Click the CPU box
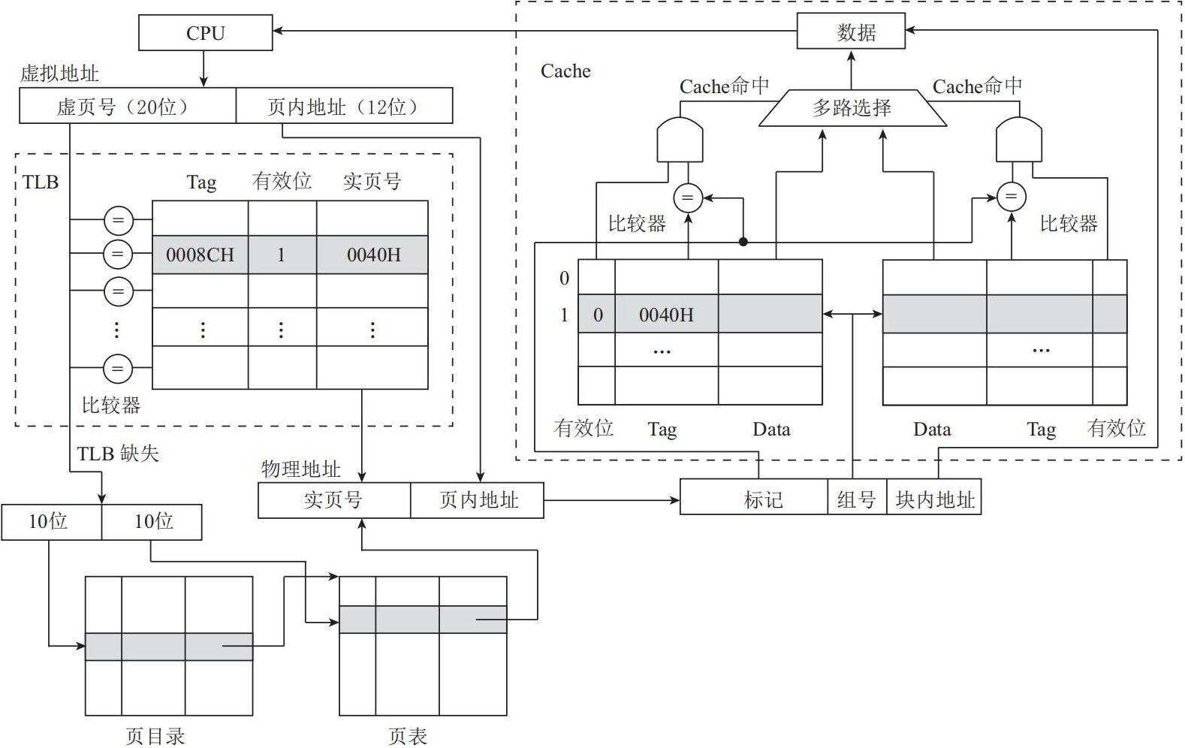205,33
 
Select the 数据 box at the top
851,32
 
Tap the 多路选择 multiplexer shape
852,108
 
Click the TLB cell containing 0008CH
200,255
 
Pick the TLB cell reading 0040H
372,255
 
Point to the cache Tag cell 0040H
667,314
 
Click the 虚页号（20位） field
128,106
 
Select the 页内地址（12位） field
345,106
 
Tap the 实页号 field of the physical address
334,500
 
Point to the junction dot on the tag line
743,243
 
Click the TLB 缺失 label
118,454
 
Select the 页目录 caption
155,736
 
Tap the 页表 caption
408,736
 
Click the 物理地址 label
300,469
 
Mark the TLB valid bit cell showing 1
282,255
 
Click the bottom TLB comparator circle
118,368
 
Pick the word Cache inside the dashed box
565,71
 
